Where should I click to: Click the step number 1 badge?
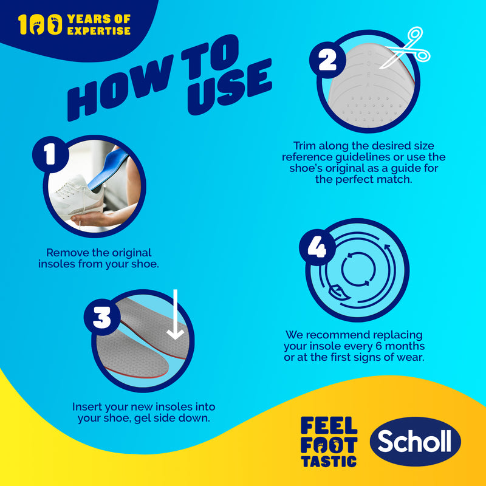[50, 154]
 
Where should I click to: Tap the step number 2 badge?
[327, 60]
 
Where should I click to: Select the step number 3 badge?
[102, 317]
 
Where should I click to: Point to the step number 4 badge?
[317, 247]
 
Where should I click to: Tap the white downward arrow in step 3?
[176, 314]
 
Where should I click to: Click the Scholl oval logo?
[415, 441]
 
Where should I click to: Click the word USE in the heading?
[230, 86]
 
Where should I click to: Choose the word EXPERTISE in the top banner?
[98, 31]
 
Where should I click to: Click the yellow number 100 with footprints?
[40, 24]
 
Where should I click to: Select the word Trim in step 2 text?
[304, 145]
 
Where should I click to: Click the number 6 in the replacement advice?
[378, 346]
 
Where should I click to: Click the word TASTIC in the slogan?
[329, 462]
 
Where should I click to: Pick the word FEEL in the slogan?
[329, 425]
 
